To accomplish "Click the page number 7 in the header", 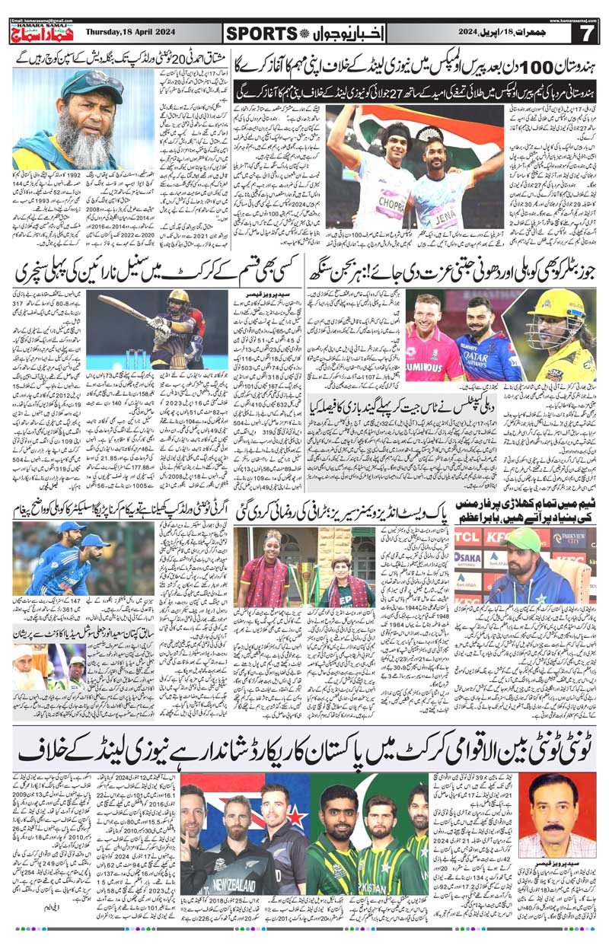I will point(586,33).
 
